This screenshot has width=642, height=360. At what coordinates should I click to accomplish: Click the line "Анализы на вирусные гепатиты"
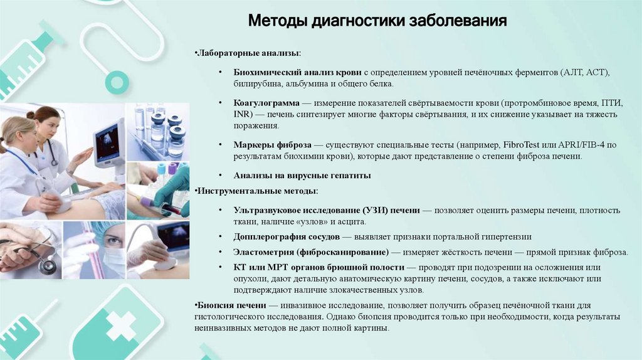(302, 176)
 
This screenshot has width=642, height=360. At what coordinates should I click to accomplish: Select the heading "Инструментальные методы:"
(256, 190)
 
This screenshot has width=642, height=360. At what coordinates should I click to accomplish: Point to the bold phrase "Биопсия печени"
(228, 305)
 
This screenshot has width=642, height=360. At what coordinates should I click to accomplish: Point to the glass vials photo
(160, 130)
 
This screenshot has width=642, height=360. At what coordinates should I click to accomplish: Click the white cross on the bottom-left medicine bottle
(119, 325)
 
